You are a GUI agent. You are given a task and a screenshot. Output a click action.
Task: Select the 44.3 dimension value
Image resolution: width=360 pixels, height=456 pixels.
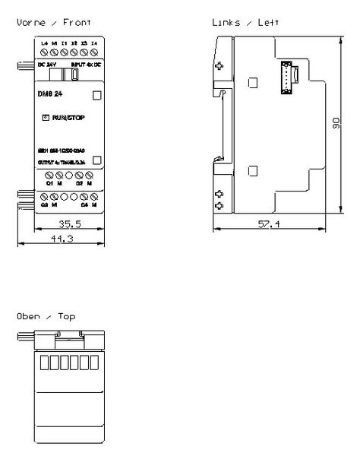point(61,239)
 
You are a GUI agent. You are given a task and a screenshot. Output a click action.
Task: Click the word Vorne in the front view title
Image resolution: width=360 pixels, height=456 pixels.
point(29,24)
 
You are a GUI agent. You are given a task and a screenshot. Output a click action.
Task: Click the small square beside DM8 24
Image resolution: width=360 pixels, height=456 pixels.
point(96,97)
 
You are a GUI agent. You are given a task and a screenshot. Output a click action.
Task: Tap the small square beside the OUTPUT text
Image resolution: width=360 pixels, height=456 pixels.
point(96,160)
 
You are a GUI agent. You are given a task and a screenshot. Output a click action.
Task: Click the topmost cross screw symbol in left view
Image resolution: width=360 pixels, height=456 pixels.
point(219,65)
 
